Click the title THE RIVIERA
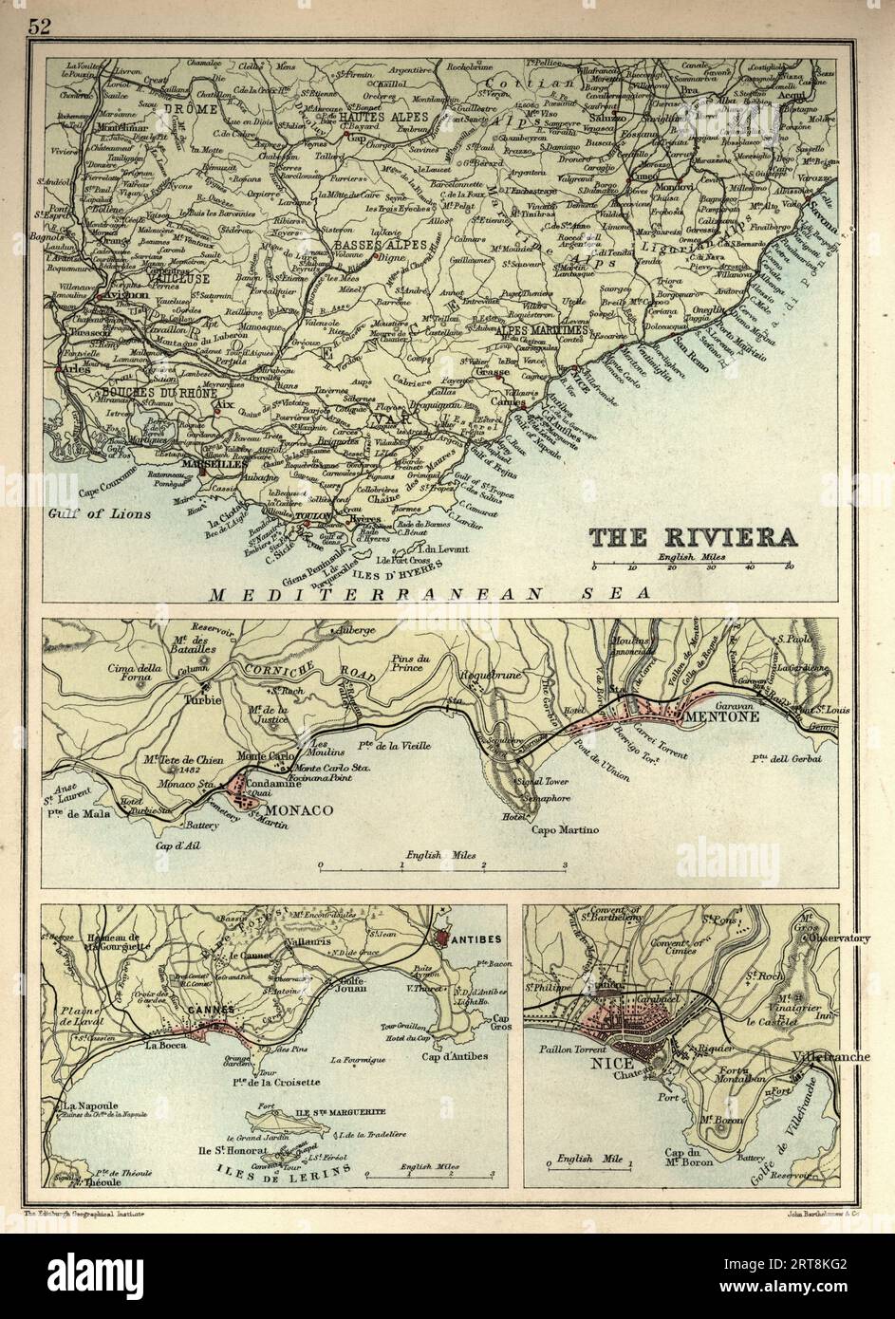694,538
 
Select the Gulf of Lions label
88,513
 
